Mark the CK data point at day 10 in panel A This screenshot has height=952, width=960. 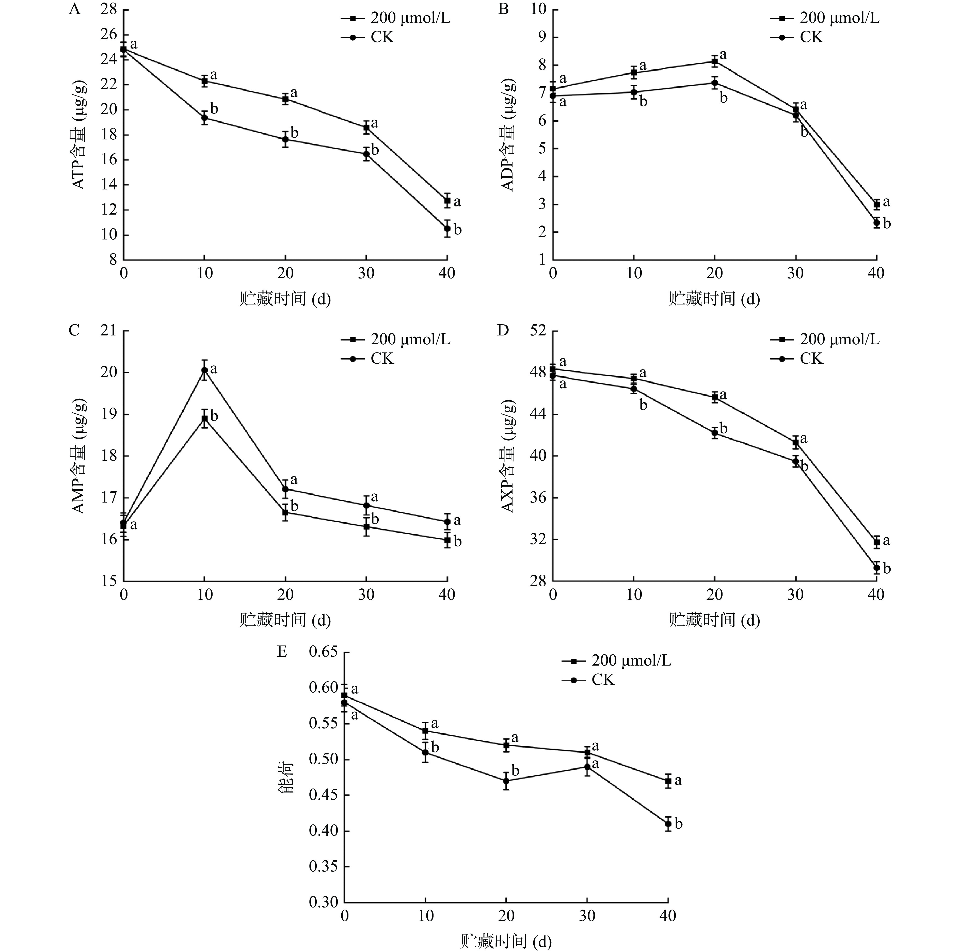(x=204, y=118)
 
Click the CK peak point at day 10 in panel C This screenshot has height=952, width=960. (x=204, y=370)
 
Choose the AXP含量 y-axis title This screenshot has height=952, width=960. (x=508, y=456)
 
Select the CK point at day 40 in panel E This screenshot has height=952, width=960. (x=668, y=824)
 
